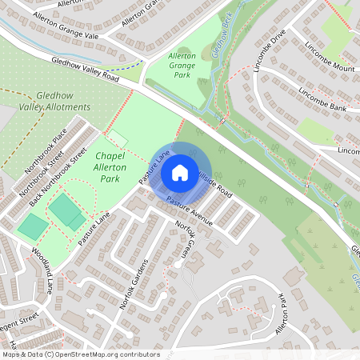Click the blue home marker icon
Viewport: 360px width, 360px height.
pos(180,172)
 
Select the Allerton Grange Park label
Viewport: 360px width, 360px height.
pos(182,65)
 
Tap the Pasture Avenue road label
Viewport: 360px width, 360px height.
pos(189,210)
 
